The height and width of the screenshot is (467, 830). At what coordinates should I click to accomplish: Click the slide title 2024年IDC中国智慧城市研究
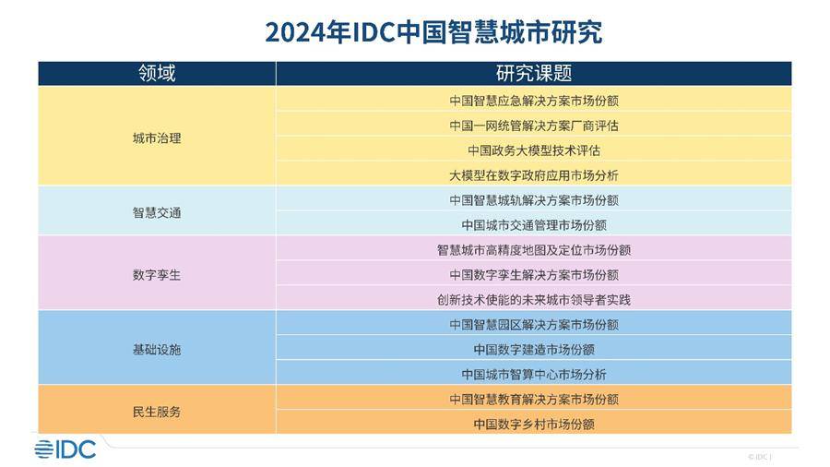coord(433,32)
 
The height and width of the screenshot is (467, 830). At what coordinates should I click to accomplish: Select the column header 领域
coord(157,73)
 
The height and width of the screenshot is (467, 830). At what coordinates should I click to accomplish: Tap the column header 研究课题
coord(534,73)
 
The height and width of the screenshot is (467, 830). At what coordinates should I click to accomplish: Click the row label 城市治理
coord(157,138)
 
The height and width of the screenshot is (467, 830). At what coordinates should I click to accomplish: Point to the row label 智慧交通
coord(157,212)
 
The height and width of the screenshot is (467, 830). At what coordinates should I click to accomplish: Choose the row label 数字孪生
coord(157,275)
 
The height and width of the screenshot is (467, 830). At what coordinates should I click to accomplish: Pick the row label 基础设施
coord(157,350)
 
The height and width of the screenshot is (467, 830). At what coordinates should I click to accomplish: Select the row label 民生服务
coord(157,412)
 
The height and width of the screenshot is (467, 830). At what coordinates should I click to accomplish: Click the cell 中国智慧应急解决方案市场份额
coord(534,101)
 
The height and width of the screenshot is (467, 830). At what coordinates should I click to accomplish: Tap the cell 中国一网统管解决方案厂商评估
coord(534,126)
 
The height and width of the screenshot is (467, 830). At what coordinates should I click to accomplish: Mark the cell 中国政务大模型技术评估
coord(534,150)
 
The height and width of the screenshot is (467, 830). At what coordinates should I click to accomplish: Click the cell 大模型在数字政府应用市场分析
coord(534,175)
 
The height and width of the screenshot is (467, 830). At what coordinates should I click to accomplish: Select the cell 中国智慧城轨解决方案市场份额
coord(534,200)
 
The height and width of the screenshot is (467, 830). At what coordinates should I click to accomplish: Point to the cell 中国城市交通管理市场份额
coord(534,225)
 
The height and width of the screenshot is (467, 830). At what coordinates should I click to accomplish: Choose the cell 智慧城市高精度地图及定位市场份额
coord(534,250)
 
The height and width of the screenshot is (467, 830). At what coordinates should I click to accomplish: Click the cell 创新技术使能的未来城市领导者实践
coord(534,300)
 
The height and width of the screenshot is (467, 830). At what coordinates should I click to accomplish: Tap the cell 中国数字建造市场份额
coord(534,350)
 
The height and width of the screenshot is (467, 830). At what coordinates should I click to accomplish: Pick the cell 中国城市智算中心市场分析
coord(534,375)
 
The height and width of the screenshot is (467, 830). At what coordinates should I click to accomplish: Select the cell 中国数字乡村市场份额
coord(534,425)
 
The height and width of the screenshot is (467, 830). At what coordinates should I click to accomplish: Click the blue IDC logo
coord(65,449)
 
